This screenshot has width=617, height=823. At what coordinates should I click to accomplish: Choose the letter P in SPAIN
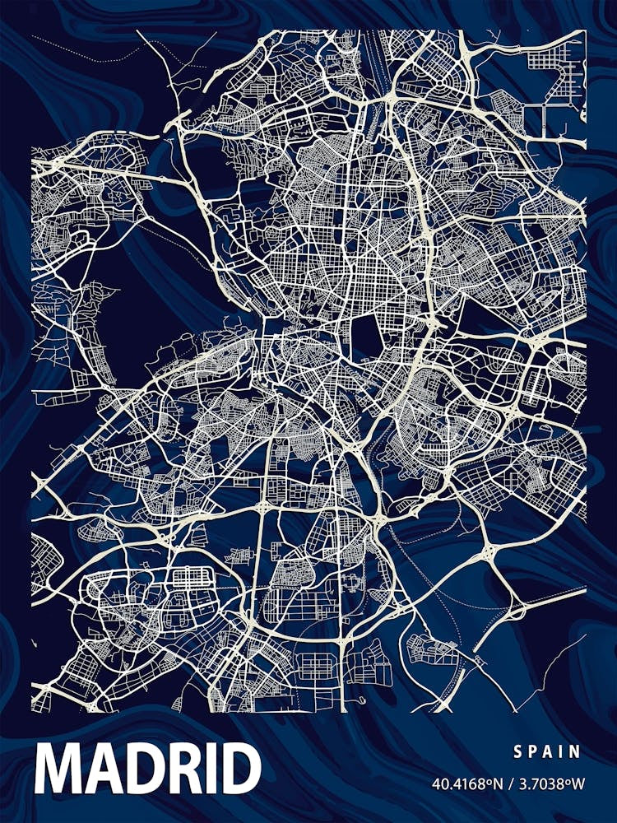pos(533,751)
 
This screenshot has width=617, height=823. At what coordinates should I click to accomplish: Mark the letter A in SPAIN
pos(549,751)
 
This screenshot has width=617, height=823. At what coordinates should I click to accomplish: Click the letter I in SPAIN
pos(562,751)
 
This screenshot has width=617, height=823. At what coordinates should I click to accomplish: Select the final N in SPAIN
pos(575,751)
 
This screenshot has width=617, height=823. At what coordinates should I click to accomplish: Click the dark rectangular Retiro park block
pos(365,337)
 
